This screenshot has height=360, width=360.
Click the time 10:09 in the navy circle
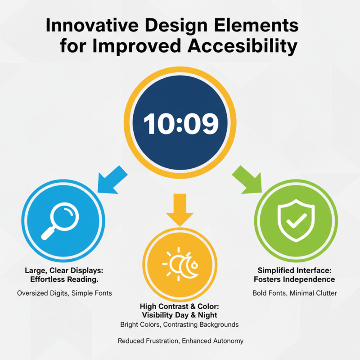[181, 123]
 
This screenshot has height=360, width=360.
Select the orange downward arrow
[180, 210]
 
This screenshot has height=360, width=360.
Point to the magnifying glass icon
[60, 221]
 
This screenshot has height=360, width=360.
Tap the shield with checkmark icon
[296, 220]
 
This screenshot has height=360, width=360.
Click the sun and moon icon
[180, 264]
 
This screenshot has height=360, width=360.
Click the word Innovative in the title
[92, 25]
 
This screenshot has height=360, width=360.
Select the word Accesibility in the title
[243, 46]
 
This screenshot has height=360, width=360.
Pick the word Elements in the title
[256, 25]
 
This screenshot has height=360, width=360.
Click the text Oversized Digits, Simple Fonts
[64, 293]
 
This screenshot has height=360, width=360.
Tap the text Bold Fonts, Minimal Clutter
[295, 293]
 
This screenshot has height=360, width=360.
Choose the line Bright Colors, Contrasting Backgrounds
[180, 324]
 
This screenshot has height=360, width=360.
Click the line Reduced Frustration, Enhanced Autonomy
[180, 341]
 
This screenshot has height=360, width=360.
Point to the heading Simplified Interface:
[295, 270]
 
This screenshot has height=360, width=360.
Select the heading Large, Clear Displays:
[64, 270]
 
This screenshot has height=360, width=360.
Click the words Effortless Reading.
[64, 279]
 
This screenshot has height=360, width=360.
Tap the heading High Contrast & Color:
[180, 306]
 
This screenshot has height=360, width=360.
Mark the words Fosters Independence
[294, 279]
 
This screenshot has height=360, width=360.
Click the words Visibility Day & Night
[180, 315]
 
